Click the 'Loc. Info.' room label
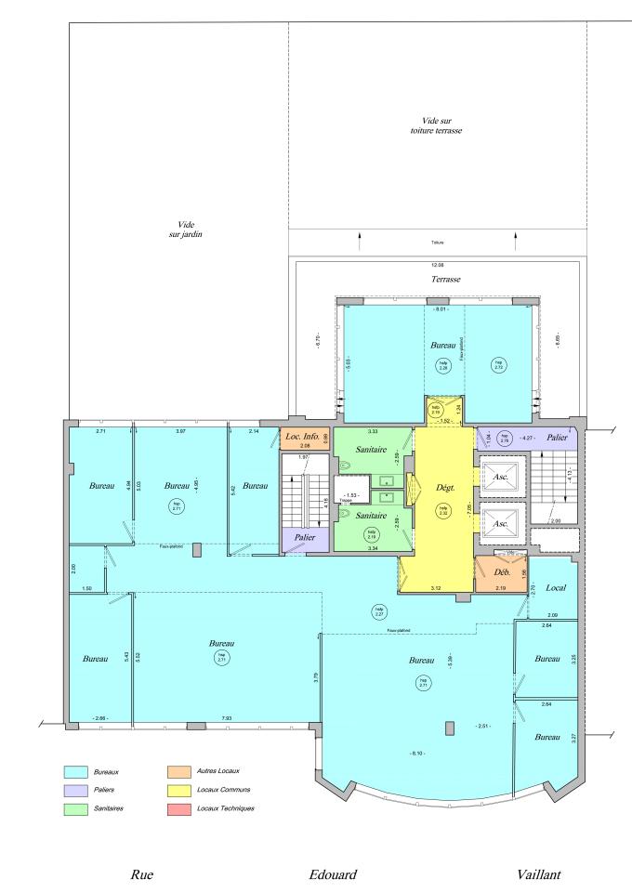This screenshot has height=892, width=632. click(x=299, y=437)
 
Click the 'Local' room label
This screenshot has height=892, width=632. click(x=558, y=588)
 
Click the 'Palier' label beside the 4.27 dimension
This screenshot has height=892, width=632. click(x=582, y=438)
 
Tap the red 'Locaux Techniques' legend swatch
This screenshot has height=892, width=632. click(x=180, y=808)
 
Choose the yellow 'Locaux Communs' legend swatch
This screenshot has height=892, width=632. click(x=180, y=790)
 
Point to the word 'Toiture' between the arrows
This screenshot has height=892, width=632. click(x=438, y=243)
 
